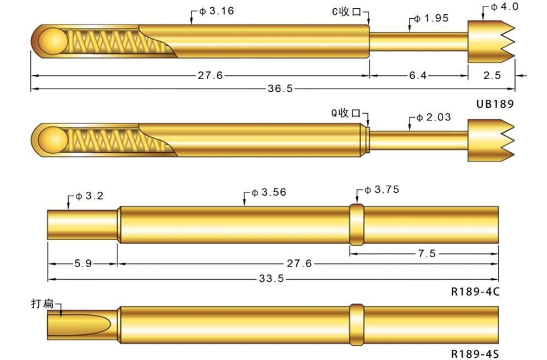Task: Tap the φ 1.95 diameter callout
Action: tap(432, 18)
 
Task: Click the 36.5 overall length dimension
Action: tap(280, 88)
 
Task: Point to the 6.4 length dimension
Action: tap(418, 76)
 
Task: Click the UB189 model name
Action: tap(495, 103)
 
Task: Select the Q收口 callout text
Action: tap(346, 113)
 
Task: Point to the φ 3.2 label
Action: tap(90, 196)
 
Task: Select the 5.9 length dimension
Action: tap(83, 264)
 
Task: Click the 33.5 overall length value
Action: tap(272, 279)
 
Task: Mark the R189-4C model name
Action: tap(475, 291)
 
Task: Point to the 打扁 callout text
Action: tap(41, 303)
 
